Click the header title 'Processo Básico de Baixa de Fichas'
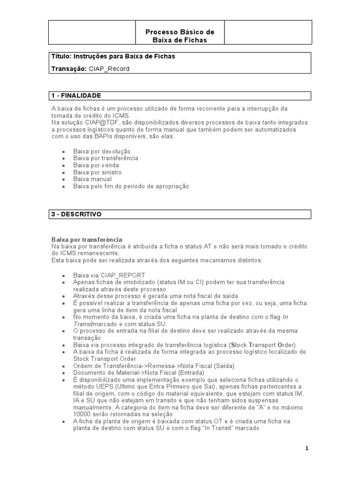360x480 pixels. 180,36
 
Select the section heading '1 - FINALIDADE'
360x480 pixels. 76,96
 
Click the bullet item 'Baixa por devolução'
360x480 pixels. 102,151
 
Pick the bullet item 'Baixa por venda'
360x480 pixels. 96,165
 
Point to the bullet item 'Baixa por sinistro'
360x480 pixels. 97,172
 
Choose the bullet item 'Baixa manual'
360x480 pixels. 92,179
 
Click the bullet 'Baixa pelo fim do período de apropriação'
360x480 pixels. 131,186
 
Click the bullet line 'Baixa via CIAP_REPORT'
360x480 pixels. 109,275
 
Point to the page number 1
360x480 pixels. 307,448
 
